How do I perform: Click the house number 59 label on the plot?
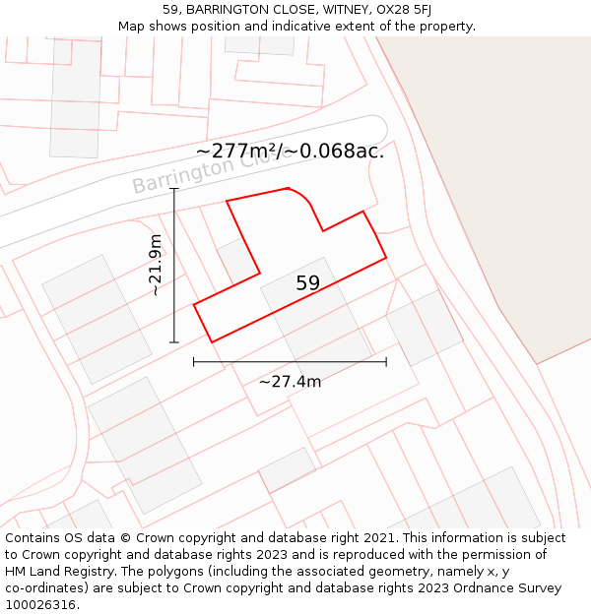pos(307,283)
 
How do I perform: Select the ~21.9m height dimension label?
pos(155,265)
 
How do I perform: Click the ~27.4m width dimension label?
pos(290,382)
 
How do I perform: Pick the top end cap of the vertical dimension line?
pos(174,189)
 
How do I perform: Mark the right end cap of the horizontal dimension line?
pos(386,362)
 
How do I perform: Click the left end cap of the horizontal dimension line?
pos(194,362)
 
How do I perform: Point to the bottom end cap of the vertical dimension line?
pos(174,342)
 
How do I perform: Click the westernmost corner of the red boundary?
pos(194,305)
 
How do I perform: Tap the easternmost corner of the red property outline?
pos(386,258)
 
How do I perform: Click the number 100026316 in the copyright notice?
pos(39,604)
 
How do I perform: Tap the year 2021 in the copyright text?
pos(377,538)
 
